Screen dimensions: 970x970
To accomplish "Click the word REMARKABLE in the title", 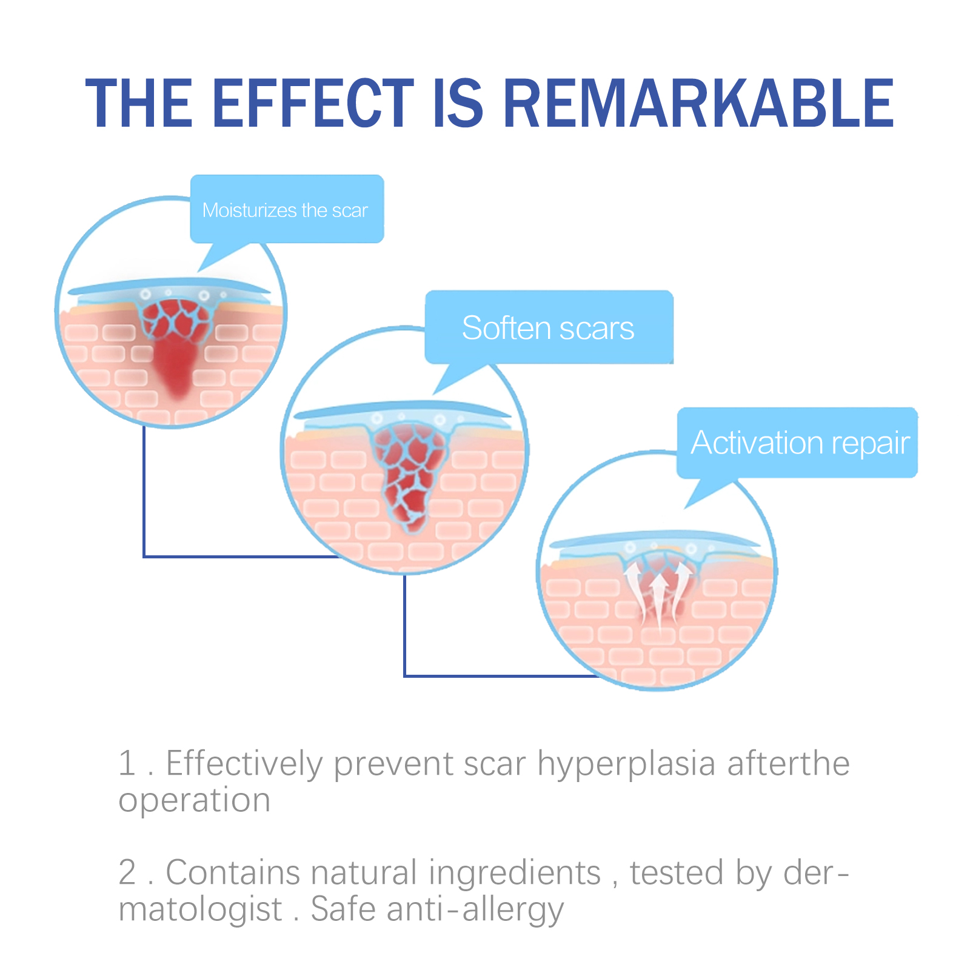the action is pyautogui.click(x=698, y=104).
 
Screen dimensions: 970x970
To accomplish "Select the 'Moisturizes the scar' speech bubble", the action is pyautogui.click(x=287, y=209).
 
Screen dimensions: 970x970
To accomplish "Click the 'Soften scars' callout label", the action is pyautogui.click(x=549, y=327).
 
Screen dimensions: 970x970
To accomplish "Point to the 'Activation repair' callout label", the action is pyautogui.click(x=798, y=443).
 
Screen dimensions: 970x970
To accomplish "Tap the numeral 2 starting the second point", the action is pyautogui.click(x=127, y=872).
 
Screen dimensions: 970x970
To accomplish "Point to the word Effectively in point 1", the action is pyautogui.click(x=244, y=764).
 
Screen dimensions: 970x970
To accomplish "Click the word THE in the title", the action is pyautogui.click(x=139, y=104).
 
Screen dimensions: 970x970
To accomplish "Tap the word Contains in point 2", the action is pyautogui.click(x=233, y=872).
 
